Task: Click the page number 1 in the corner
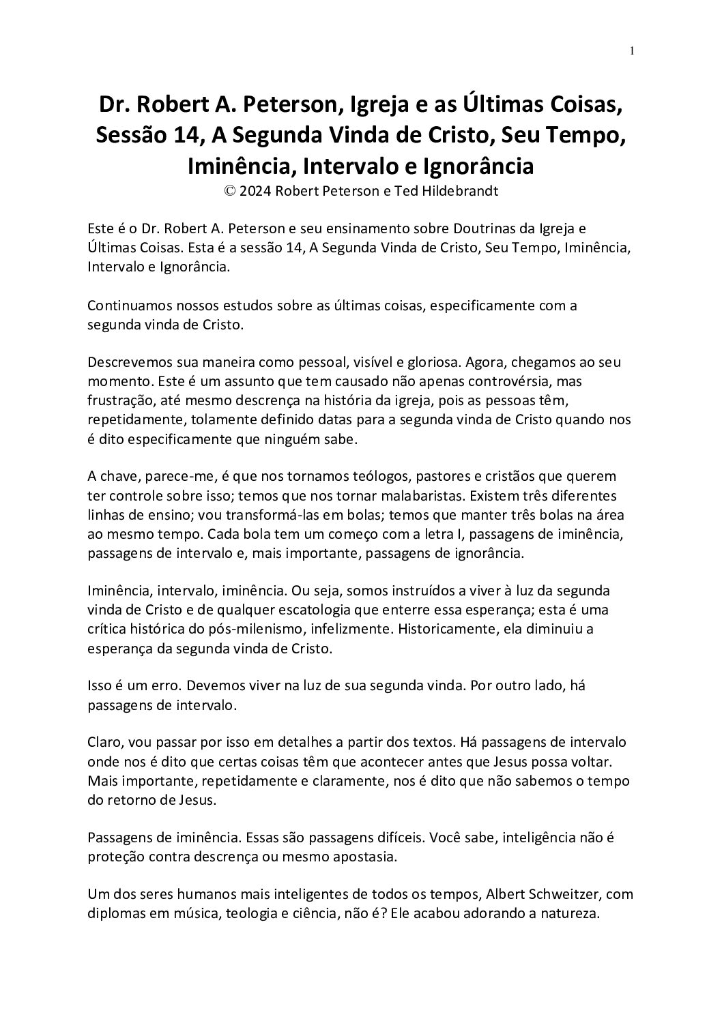point(633,50)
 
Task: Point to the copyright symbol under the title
point(229,192)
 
